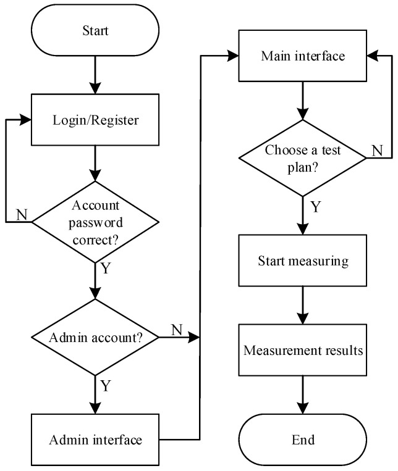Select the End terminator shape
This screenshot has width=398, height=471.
pos(302,440)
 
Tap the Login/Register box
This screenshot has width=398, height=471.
pos(94,120)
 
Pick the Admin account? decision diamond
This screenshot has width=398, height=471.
pos(94,338)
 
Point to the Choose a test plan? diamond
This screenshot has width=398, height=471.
pos(302,158)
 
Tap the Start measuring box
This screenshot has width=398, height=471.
pos(302,260)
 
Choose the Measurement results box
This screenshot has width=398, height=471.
pos(302,351)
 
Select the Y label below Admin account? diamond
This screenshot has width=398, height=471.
pos(106,386)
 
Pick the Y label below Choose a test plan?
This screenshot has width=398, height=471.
pos(315,206)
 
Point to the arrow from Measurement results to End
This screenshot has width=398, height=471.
pos(302,395)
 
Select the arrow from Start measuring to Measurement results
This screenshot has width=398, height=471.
pos(302,305)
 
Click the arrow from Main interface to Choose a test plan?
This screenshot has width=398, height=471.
pos(302,99)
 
